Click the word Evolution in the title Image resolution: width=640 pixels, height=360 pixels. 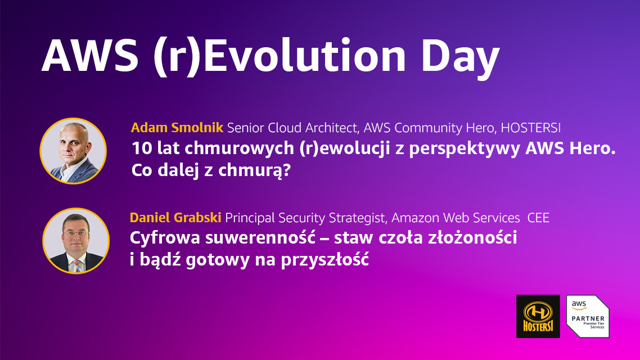pyautogui.click(x=304, y=56)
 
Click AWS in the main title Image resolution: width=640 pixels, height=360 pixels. pyautogui.click(x=90, y=56)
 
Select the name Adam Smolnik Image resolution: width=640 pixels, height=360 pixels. pyautogui.click(x=177, y=128)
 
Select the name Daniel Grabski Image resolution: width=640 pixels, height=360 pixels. pyautogui.click(x=175, y=218)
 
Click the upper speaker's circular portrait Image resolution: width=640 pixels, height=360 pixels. pyautogui.click(x=73, y=151)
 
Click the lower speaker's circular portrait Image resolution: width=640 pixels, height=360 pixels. pyautogui.click(x=76, y=241)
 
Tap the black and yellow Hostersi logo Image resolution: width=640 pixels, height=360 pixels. pyautogui.click(x=538, y=316)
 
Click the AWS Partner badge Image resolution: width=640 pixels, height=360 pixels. pyautogui.click(x=588, y=316)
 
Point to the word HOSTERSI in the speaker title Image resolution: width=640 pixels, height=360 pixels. pyautogui.click(x=530, y=128)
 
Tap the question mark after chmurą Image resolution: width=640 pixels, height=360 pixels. pyautogui.click(x=286, y=170)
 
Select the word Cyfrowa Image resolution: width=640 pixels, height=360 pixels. pyautogui.click(x=165, y=237)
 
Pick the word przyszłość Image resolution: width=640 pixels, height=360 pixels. pyautogui.click(x=325, y=260)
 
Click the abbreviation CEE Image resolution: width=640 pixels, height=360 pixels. pyautogui.click(x=538, y=218)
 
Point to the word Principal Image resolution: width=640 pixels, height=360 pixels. pyautogui.click(x=250, y=218)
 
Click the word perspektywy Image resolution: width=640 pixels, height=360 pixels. pyautogui.click(x=465, y=149)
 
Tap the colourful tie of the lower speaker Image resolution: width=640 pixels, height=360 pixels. pyautogui.click(x=77, y=265)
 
